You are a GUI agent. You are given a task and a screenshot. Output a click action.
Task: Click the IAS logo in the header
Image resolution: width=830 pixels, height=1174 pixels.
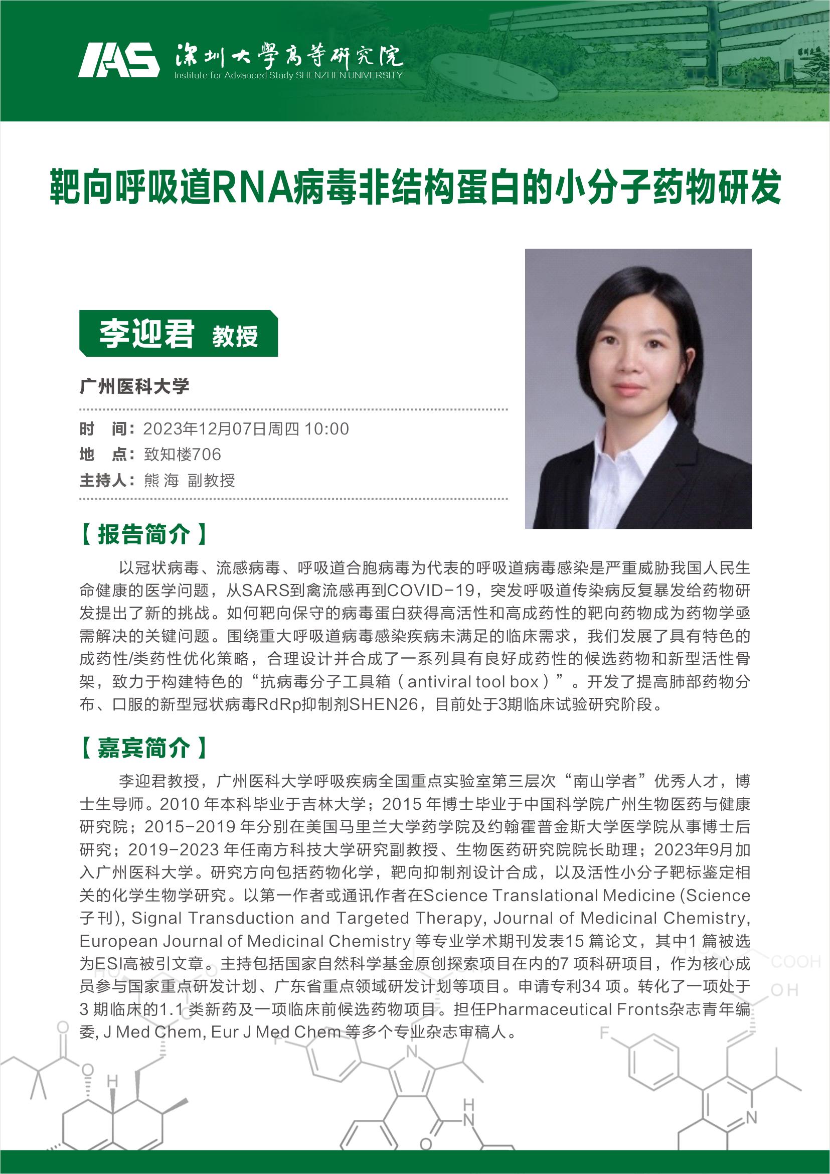[118, 60]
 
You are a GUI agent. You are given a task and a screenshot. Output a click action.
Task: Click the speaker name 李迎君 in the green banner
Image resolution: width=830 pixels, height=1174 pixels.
[146, 334]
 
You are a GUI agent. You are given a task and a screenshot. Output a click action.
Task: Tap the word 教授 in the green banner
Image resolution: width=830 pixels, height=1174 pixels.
[235, 337]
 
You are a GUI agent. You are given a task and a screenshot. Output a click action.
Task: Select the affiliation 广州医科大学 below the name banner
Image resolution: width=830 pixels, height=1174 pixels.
[134, 386]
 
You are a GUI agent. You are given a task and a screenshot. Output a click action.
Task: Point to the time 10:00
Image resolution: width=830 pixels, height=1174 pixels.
[326, 429]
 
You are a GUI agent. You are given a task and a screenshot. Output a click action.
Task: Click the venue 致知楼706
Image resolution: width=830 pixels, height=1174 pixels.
[183, 455]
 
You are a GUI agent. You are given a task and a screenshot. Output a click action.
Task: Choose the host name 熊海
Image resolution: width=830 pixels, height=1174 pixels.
[161, 481]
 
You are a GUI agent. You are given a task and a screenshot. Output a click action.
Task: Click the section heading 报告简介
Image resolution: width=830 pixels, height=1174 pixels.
[143, 534]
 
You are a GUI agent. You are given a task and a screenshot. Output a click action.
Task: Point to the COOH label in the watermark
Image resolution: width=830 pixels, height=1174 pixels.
[795, 962]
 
